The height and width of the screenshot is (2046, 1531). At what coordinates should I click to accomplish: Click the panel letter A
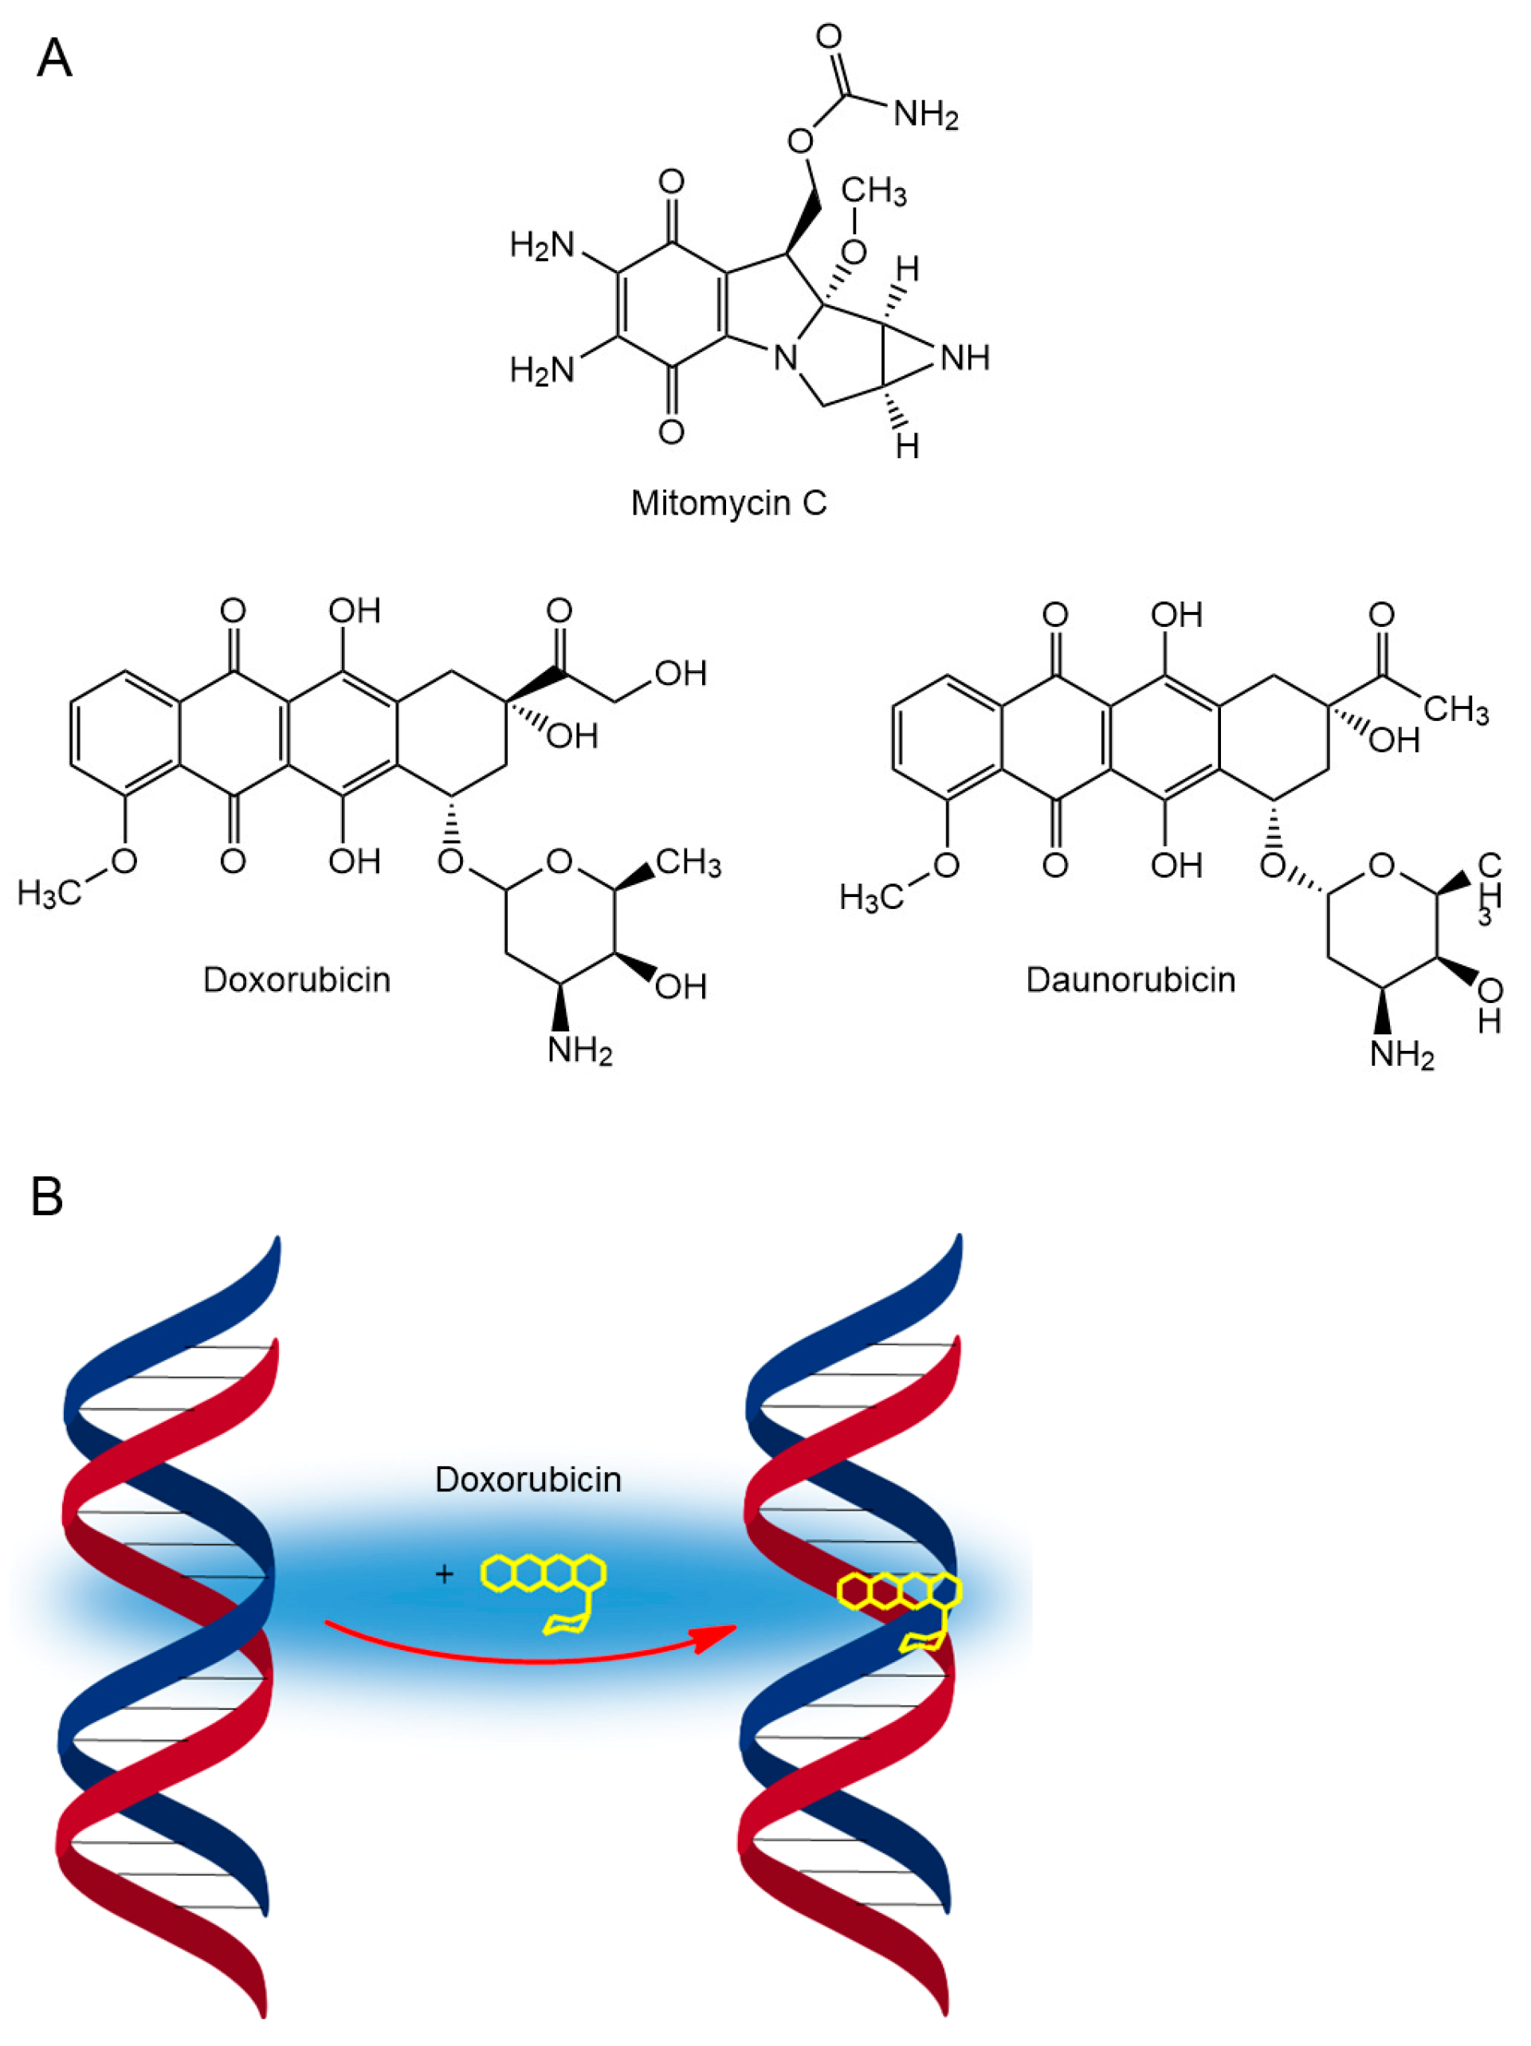[53, 58]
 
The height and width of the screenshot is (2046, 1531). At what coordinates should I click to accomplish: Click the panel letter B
[47, 1196]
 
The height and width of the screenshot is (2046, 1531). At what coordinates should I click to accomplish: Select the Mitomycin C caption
[728, 504]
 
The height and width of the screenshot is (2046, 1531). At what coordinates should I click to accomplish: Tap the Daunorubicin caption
[1129, 979]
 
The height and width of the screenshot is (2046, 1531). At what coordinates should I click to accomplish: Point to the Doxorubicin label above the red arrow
[528, 1479]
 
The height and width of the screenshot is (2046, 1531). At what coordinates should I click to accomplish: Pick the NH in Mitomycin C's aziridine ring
[965, 358]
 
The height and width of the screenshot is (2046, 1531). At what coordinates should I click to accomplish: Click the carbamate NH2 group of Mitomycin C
[925, 115]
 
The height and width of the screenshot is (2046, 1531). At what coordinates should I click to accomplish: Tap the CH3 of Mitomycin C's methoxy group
[873, 191]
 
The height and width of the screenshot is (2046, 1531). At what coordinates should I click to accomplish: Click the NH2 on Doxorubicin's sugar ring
[579, 1052]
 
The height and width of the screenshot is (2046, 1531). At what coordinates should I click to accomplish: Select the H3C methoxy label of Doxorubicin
[48, 893]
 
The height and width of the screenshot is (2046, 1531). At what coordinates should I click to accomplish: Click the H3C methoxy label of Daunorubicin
[870, 896]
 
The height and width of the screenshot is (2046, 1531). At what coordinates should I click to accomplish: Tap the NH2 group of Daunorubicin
[1400, 1054]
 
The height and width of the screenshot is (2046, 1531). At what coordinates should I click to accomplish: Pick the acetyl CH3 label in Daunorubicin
[1455, 709]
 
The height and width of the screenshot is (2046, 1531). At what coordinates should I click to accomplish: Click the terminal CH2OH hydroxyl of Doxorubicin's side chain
[680, 673]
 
